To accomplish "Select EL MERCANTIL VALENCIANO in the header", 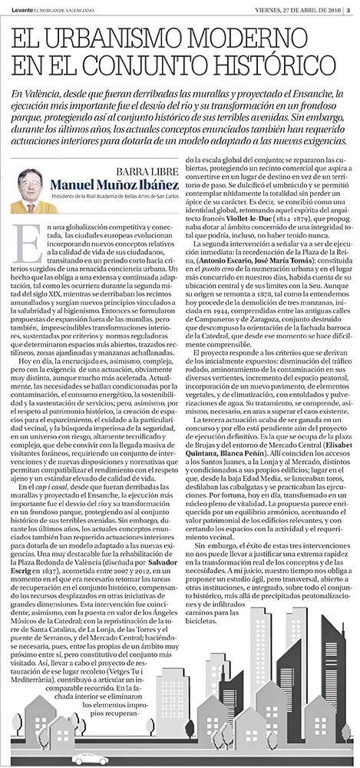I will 65,8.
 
